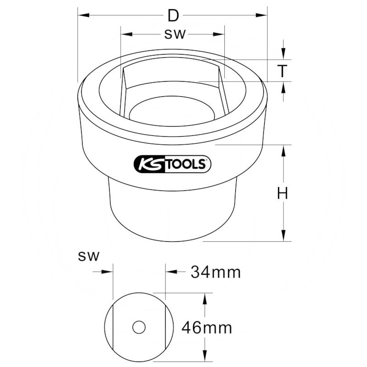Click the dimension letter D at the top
click(x=172, y=16)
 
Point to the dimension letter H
click(x=283, y=194)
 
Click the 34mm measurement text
click(x=216, y=272)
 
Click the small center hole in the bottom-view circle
click(x=139, y=327)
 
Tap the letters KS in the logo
click(x=148, y=164)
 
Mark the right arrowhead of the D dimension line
click(x=263, y=16)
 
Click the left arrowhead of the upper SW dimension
click(x=125, y=35)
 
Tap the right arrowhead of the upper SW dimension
click(x=220, y=35)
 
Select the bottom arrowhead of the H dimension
click(x=284, y=237)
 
